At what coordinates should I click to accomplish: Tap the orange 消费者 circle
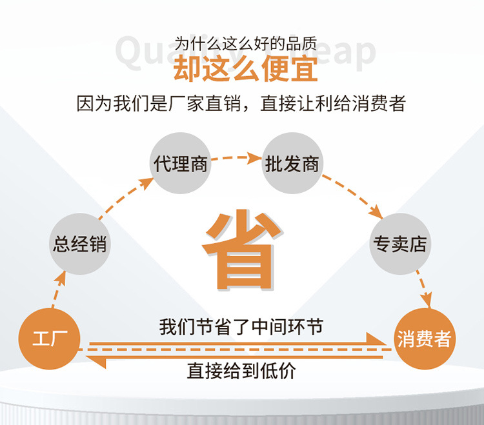(x=424, y=339)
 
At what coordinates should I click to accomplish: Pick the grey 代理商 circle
(x=181, y=163)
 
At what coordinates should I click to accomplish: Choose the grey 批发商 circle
(x=292, y=163)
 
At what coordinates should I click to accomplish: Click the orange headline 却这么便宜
(x=245, y=68)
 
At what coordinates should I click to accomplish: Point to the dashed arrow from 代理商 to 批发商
(x=237, y=157)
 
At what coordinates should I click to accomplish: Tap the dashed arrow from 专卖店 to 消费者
(x=423, y=287)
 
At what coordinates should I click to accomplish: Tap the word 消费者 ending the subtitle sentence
(x=381, y=103)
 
